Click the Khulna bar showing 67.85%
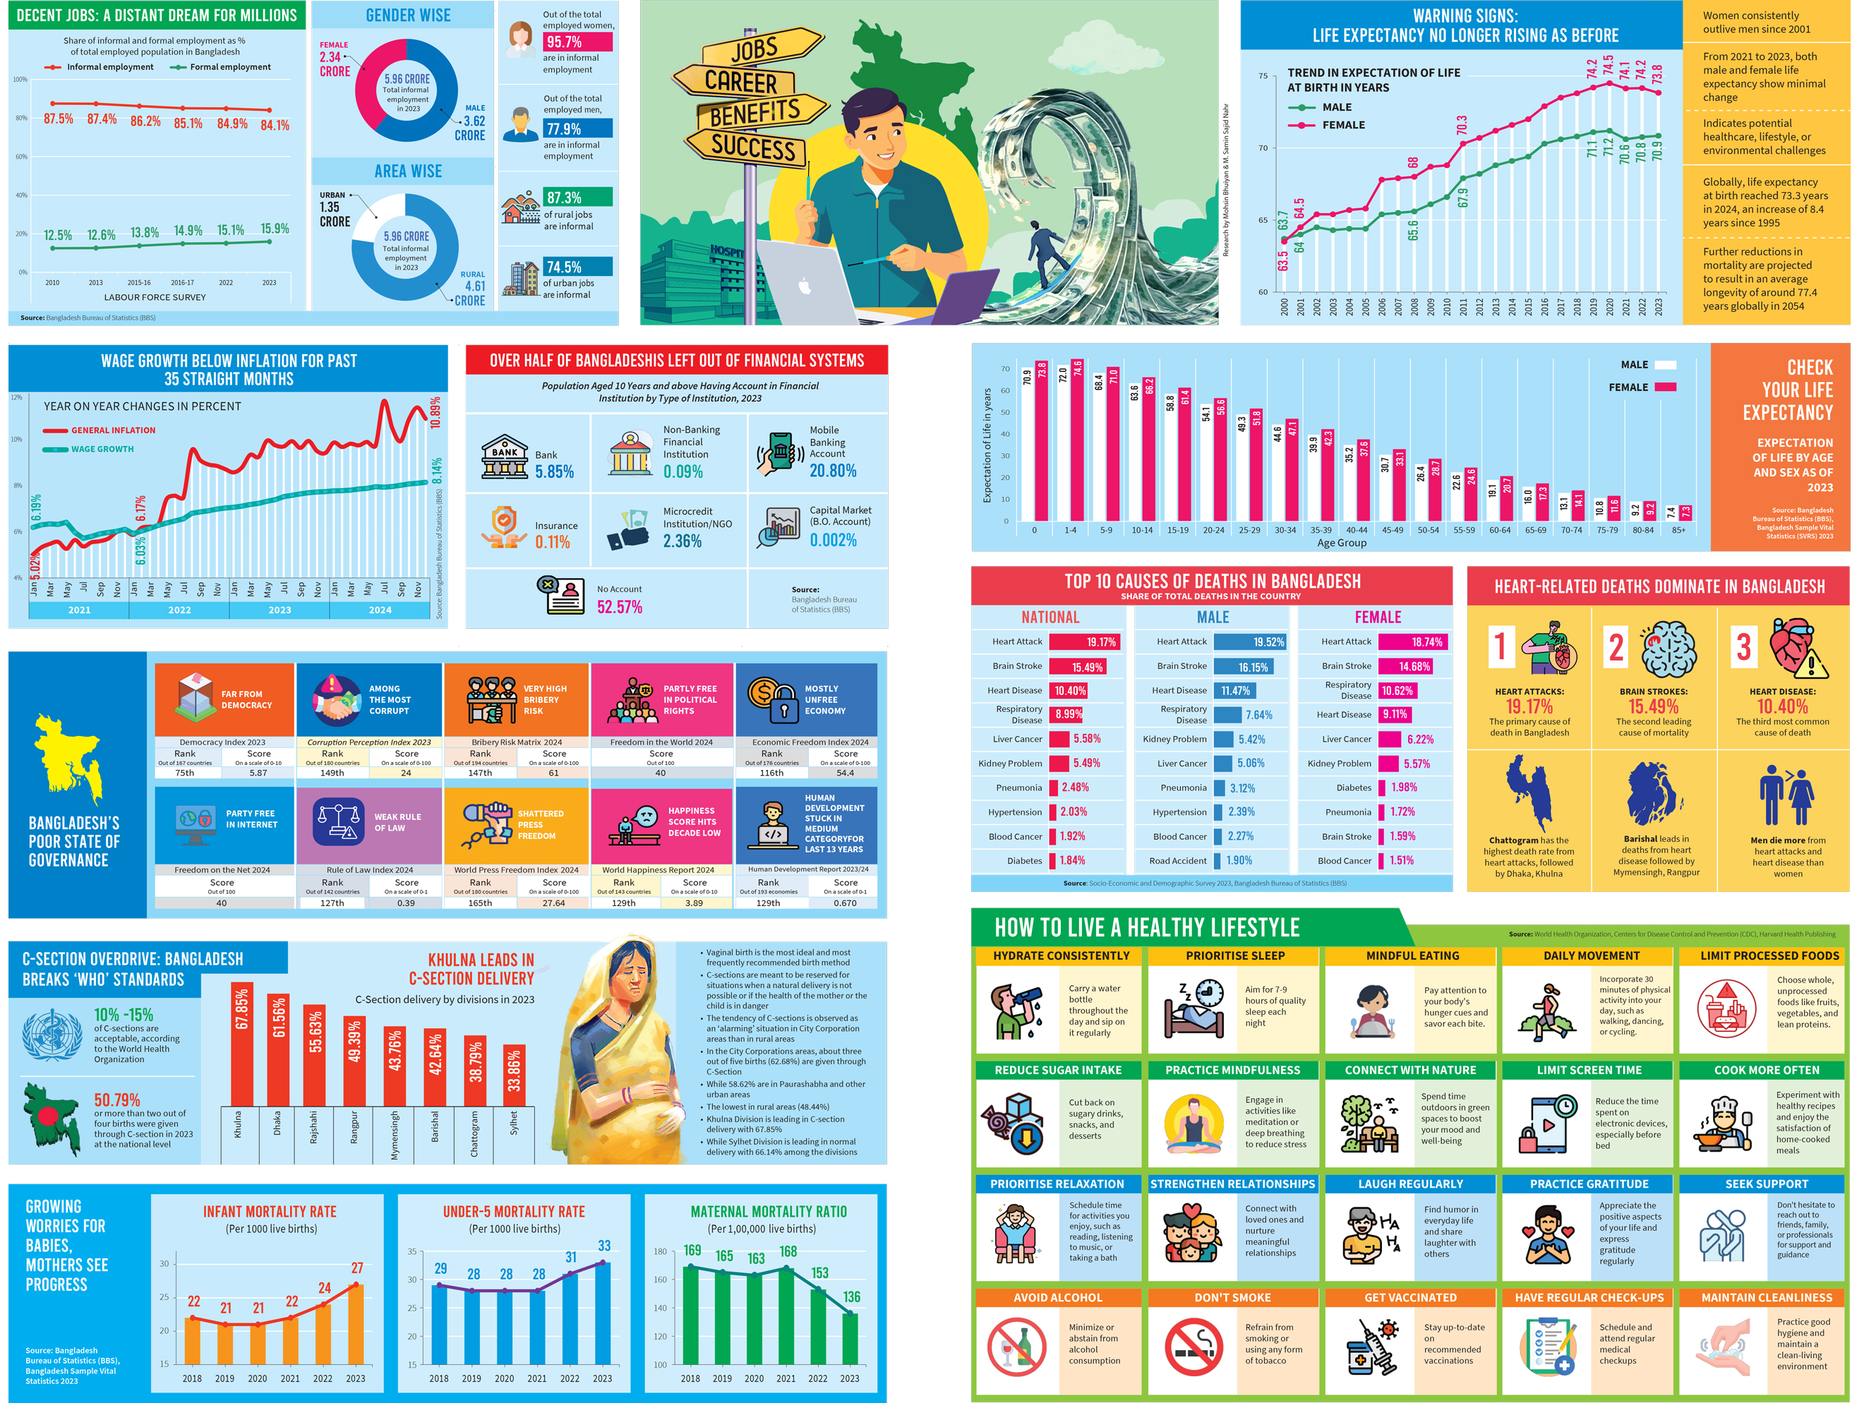pyautogui.click(x=242, y=1045)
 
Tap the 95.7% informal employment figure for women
pyautogui.click(x=577, y=42)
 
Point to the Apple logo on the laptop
pyautogui.click(x=805, y=287)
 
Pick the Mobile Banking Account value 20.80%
pyautogui.click(x=833, y=471)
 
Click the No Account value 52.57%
pyautogui.click(x=620, y=607)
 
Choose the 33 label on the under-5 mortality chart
pyautogui.click(x=604, y=1246)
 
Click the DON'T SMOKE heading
pyautogui.click(x=1232, y=1298)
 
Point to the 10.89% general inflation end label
pyautogui.click(x=435, y=413)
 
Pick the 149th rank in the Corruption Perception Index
pyautogui.click(x=332, y=773)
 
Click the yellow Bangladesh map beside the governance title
pyautogui.click(x=68, y=759)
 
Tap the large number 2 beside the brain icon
pyautogui.click(x=1615, y=647)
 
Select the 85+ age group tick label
pyautogui.click(x=1678, y=530)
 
